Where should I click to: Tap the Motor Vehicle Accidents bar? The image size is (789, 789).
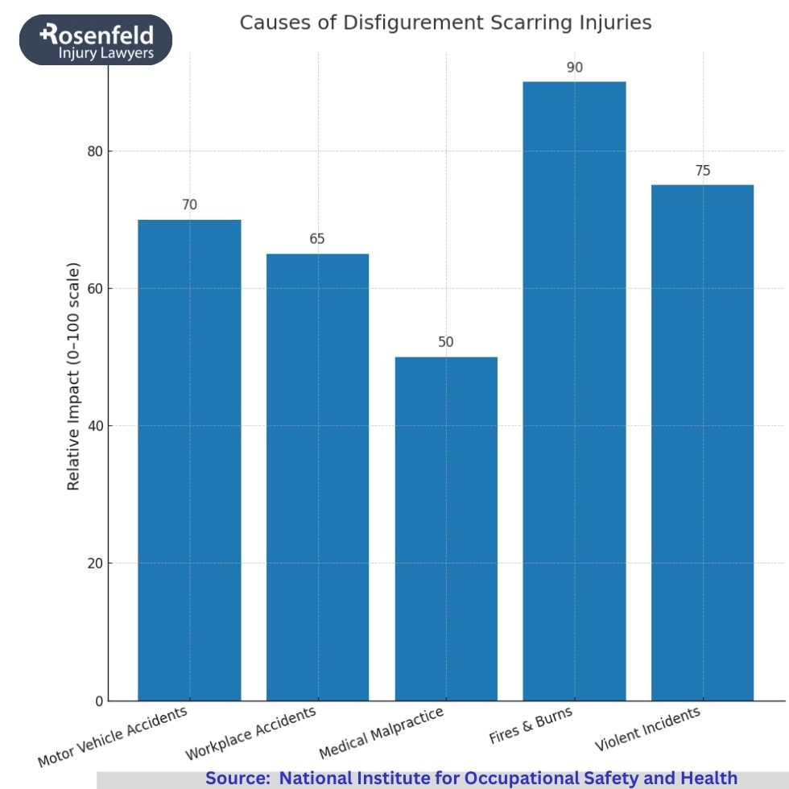pos(189,460)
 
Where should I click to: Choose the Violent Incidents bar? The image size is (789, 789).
pos(702,442)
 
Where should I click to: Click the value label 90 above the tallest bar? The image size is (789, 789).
pos(574,68)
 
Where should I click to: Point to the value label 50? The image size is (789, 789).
pos(445,342)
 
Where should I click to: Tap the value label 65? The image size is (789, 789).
pos(317,239)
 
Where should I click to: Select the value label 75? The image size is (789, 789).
pos(702,171)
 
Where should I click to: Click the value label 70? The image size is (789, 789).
pos(189,205)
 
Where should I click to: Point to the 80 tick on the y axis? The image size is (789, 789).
pos(95,151)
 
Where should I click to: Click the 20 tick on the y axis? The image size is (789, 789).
pos(95,564)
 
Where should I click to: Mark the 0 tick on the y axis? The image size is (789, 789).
pos(99,701)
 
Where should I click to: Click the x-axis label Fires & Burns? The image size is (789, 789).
pos(531,725)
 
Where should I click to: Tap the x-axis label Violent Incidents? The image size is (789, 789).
pos(647,729)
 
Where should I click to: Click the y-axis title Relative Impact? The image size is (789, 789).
pos(73,376)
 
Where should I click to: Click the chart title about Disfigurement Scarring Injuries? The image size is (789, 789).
pos(445,23)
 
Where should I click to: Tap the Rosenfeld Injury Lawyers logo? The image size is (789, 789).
pos(96,39)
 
